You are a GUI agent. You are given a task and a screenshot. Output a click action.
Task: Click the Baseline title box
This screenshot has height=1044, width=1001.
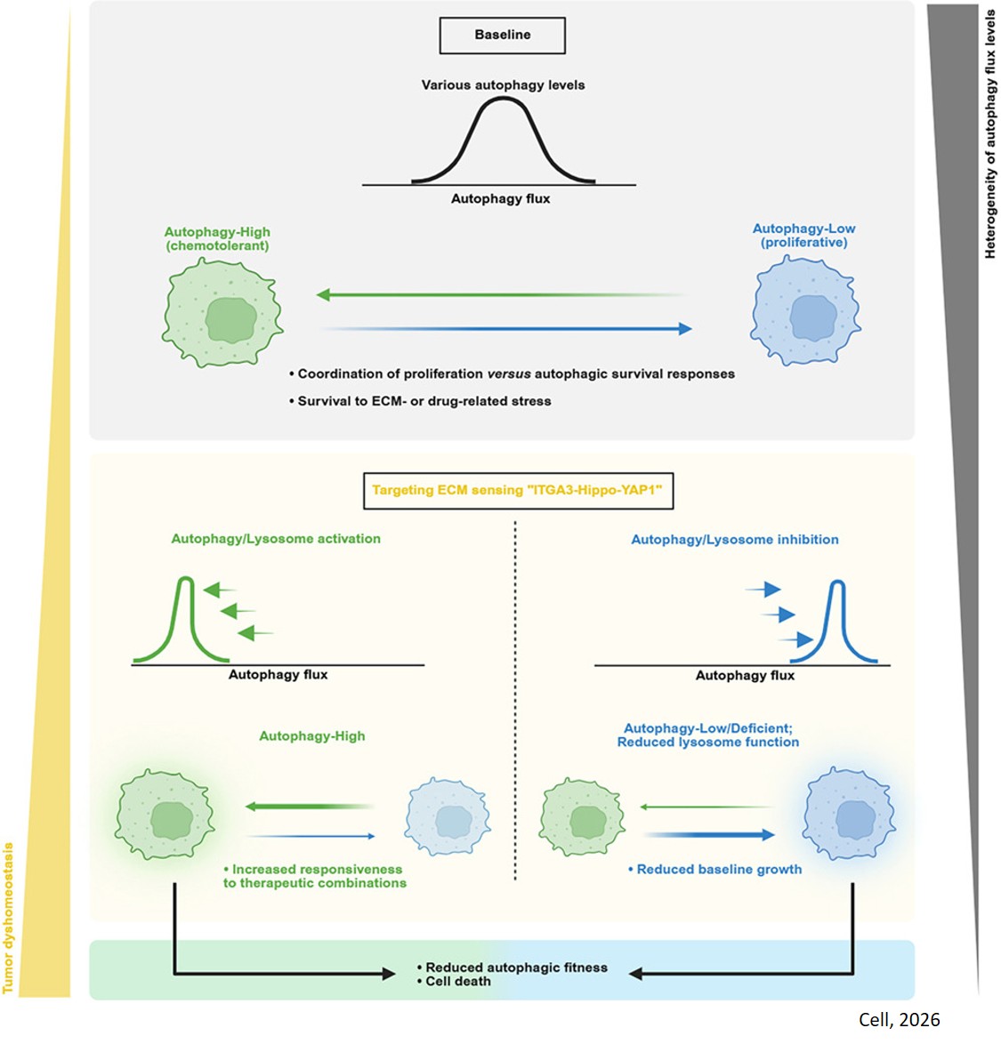click(503, 36)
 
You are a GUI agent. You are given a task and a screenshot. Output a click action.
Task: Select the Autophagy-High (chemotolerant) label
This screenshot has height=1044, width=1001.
click(217, 238)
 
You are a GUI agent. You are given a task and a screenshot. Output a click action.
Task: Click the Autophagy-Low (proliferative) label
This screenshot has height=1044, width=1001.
click(803, 236)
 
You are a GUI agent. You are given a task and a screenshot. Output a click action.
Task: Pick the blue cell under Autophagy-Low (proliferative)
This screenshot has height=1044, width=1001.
click(805, 311)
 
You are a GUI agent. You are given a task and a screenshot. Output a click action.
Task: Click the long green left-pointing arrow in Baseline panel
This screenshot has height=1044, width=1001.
click(498, 294)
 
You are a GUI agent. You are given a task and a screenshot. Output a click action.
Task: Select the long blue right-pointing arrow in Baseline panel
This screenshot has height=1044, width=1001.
click(507, 329)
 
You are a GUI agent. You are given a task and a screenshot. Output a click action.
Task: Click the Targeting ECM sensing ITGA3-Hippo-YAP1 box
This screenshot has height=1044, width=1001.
click(518, 491)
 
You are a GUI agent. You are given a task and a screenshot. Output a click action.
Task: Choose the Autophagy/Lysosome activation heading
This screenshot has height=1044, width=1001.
click(276, 539)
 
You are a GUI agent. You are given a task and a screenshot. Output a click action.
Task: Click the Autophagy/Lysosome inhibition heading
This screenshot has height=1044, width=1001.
click(734, 540)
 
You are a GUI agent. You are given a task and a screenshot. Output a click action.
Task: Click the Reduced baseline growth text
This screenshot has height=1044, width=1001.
click(719, 870)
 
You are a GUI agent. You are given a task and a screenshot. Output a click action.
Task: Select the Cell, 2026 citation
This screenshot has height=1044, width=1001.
click(899, 1020)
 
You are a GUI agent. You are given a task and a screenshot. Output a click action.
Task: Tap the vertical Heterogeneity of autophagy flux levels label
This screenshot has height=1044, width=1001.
click(989, 133)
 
